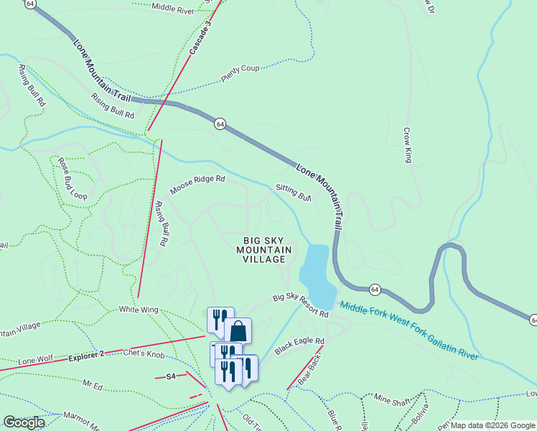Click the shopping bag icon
tap(238, 331)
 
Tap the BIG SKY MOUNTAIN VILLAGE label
tap(264, 249)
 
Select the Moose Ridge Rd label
tap(197, 184)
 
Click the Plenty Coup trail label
tap(240, 73)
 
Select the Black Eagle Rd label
tap(299, 346)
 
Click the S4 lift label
tap(171, 376)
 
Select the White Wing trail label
tap(139, 310)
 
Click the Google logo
tap(24, 422)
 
